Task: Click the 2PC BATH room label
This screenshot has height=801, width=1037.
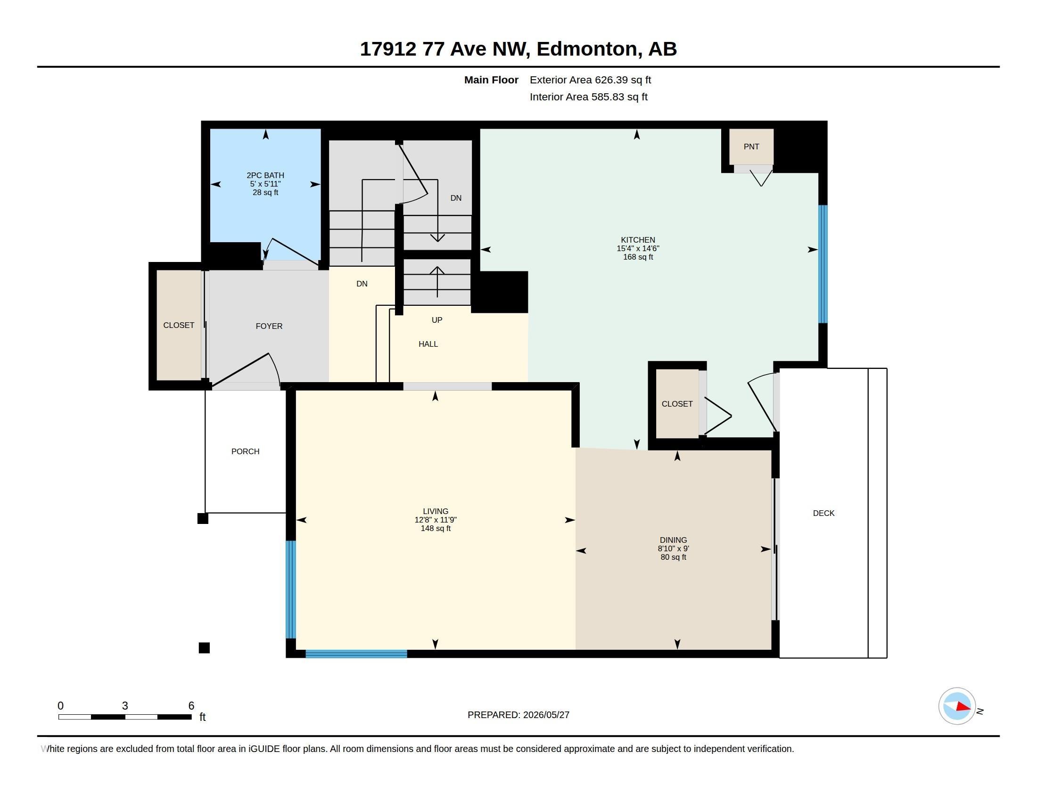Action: tap(265, 175)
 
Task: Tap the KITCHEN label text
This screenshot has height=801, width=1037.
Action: tap(638, 240)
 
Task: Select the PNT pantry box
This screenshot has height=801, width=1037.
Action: tap(751, 147)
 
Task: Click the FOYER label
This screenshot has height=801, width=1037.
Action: tap(269, 326)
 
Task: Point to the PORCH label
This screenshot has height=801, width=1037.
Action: tap(245, 451)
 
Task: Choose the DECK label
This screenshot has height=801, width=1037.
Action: tap(823, 513)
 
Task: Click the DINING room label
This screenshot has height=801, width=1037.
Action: tap(673, 540)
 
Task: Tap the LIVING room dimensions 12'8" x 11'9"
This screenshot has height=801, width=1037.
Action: tap(436, 520)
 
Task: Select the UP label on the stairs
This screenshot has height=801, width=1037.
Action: tap(437, 320)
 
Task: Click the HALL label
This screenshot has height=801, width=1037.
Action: tap(428, 344)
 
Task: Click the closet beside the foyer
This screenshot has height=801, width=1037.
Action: tap(179, 325)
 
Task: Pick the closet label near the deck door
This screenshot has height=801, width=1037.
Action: tap(677, 404)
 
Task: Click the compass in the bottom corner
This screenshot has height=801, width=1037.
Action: tap(957, 706)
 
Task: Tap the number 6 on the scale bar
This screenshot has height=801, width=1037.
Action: tap(191, 706)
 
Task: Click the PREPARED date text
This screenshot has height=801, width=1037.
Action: tap(518, 715)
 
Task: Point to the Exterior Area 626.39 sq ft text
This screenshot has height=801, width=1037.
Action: tap(590, 80)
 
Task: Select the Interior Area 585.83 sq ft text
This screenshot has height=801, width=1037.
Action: tap(588, 97)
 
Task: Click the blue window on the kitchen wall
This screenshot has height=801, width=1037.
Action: tap(823, 264)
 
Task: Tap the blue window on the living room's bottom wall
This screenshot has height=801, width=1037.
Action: tap(356, 654)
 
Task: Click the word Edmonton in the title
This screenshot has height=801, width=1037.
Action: tap(587, 49)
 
